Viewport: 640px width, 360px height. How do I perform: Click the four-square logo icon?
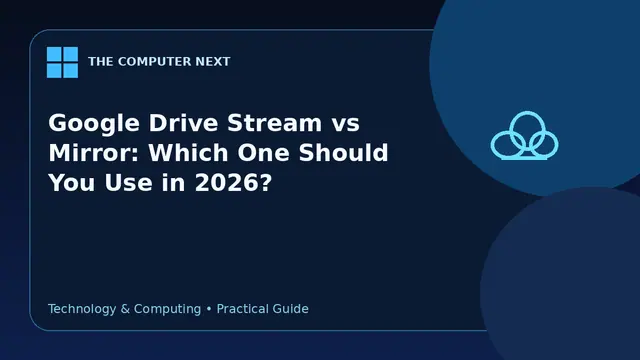point(62,62)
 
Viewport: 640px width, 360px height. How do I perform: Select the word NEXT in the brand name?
point(213,62)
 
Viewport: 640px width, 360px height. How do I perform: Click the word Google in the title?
point(94,124)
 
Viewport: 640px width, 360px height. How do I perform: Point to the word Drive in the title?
point(184,122)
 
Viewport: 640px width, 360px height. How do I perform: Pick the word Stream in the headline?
point(275,122)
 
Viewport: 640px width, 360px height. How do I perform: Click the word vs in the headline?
point(345,124)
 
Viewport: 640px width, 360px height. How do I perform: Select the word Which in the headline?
point(188,153)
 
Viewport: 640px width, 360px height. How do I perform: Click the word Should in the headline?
point(343,153)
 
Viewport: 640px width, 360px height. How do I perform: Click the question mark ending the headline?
point(264,182)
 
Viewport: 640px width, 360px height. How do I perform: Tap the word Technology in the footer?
point(82,309)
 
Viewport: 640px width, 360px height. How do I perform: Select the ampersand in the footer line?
point(125,309)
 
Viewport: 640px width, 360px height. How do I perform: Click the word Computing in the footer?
point(167,309)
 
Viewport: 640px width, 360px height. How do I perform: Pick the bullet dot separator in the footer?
point(209,309)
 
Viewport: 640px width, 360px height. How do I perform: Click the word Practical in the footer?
point(242,309)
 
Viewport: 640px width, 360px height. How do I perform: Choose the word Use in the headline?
point(129,182)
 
